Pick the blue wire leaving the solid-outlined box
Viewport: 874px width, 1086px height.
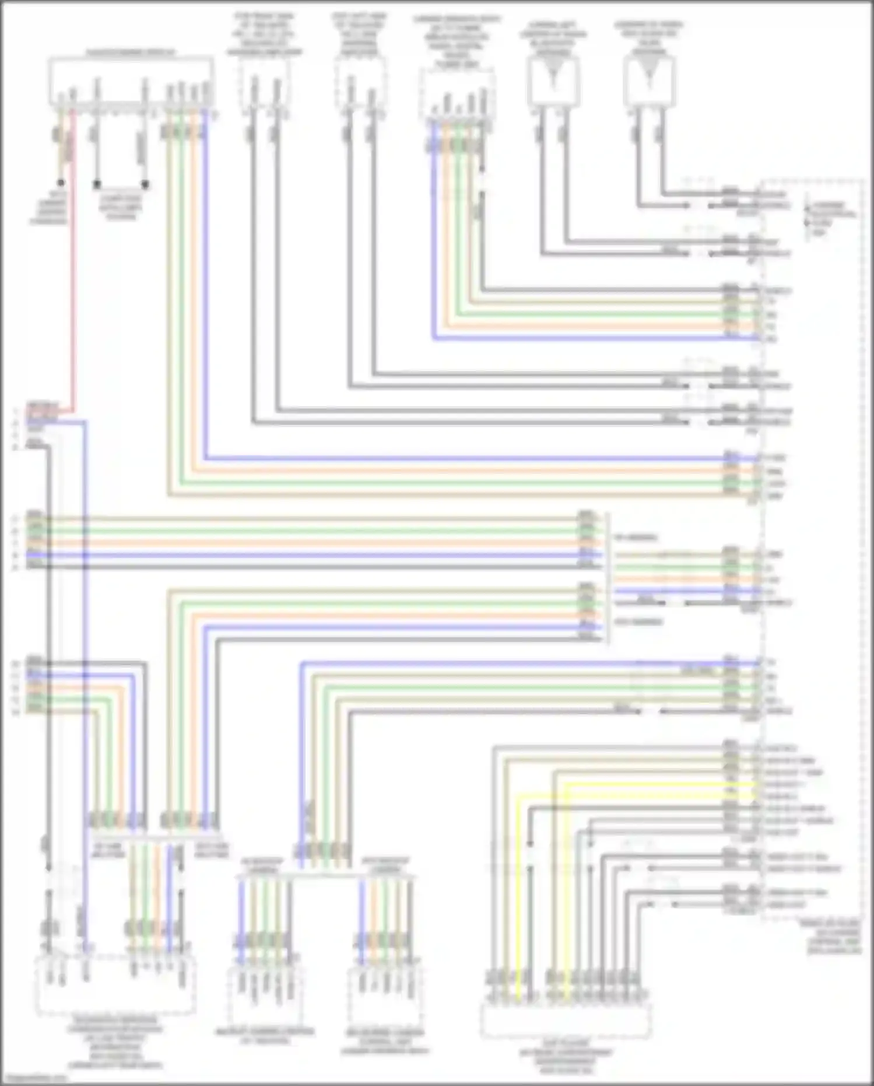coord(205,292)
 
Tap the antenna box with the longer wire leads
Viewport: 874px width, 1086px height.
coord(648,85)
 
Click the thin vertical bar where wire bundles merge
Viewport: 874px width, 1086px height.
coord(608,578)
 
